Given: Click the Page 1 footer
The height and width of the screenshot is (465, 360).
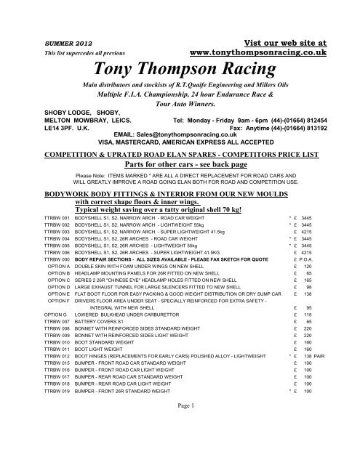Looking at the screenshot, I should [x=180, y=445].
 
